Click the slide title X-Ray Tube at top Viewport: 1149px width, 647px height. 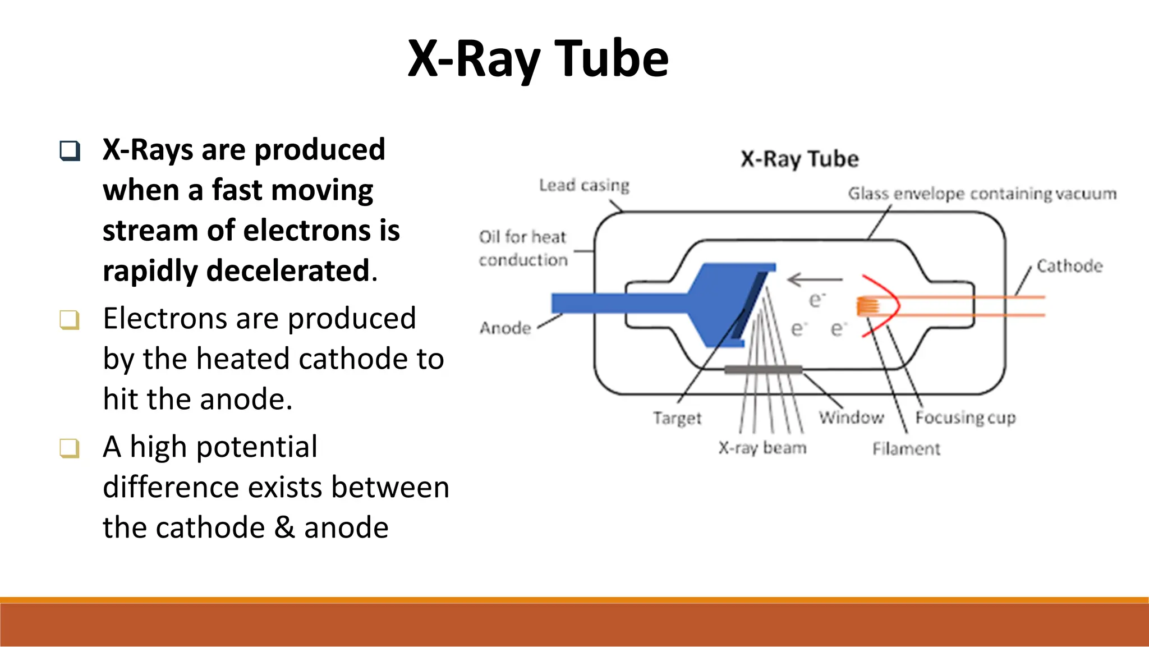(x=538, y=59)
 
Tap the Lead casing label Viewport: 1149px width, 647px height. (x=583, y=185)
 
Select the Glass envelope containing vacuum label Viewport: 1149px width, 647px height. (x=982, y=194)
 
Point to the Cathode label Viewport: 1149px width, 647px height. (x=1069, y=266)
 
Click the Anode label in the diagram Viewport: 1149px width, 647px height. (x=505, y=328)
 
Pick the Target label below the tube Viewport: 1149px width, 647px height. (x=677, y=418)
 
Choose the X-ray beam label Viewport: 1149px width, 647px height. (x=762, y=448)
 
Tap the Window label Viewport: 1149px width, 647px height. (x=851, y=417)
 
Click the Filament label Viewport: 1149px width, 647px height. (x=906, y=449)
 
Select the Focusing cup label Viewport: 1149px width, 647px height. (x=966, y=417)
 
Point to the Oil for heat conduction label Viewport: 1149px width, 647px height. (x=523, y=248)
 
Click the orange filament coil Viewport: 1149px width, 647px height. (x=867, y=306)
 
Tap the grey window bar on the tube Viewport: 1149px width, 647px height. (x=763, y=369)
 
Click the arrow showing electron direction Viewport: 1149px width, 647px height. (x=815, y=279)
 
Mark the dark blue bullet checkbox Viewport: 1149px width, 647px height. (x=70, y=150)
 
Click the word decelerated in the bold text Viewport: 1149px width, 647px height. (x=288, y=271)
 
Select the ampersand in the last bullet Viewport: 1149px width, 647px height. (x=284, y=527)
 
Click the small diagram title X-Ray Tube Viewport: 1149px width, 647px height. (x=799, y=159)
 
